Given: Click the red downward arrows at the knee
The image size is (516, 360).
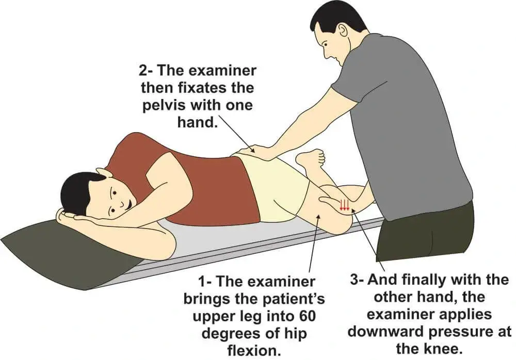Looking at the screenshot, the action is (344, 204).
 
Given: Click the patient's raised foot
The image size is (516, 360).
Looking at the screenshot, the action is (311, 158).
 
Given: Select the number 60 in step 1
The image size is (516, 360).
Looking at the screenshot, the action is (307, 316).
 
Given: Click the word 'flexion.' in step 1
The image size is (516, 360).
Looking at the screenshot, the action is (254, 350).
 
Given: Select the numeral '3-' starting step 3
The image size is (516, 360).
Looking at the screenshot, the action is (357, 280).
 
